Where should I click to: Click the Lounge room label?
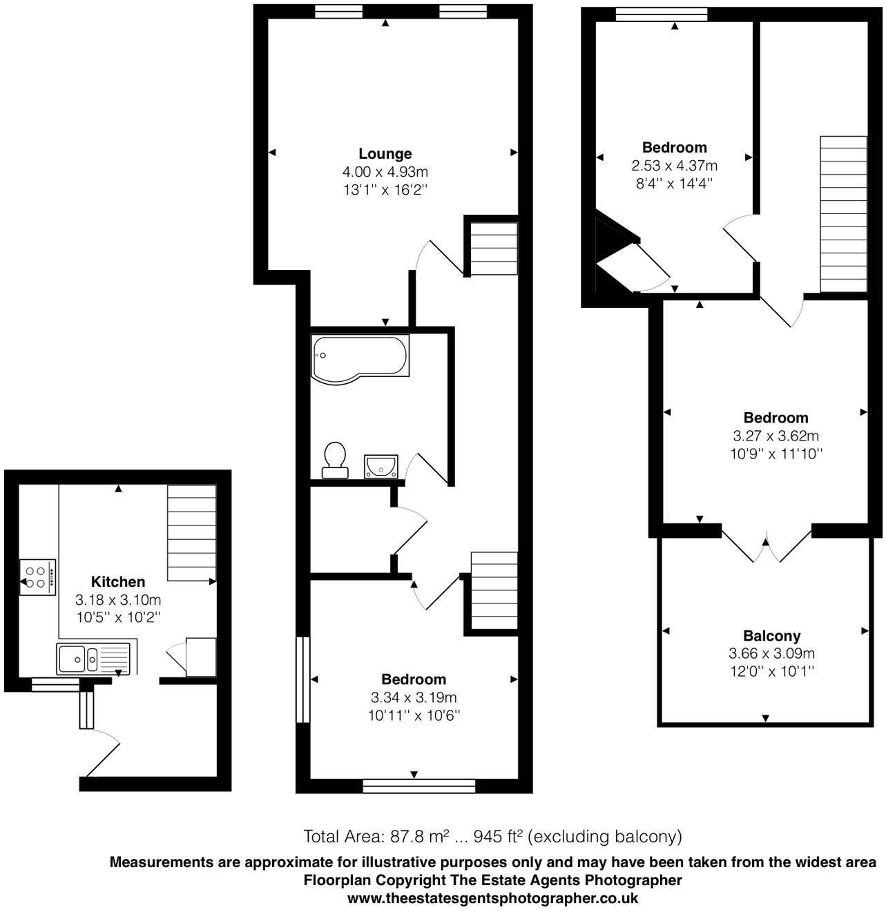tap(385, 154)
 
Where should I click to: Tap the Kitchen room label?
tap(118, 582)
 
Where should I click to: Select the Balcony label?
tap(771, 636)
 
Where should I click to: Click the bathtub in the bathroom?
tap(360, 357)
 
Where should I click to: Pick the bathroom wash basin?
tap(381, 466)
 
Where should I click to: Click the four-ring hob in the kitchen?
tap(37, 577)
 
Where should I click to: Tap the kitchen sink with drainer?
tap(93, 659)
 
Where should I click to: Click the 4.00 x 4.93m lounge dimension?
tap(385, 172)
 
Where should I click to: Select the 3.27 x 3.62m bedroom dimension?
tap(776, 436)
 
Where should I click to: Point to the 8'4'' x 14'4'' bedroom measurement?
tap(674, 184)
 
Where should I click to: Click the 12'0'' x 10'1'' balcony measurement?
tap(771, 671)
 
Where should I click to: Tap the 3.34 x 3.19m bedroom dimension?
tap(414, 697)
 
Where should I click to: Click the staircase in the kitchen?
tap(191, 532)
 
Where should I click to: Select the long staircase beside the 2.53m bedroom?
tap(843, 214)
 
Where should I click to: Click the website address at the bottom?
tap(492, 898)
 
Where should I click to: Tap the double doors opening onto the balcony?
tap(766, 545)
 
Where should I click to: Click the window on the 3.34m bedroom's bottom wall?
tap(418, 786)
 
